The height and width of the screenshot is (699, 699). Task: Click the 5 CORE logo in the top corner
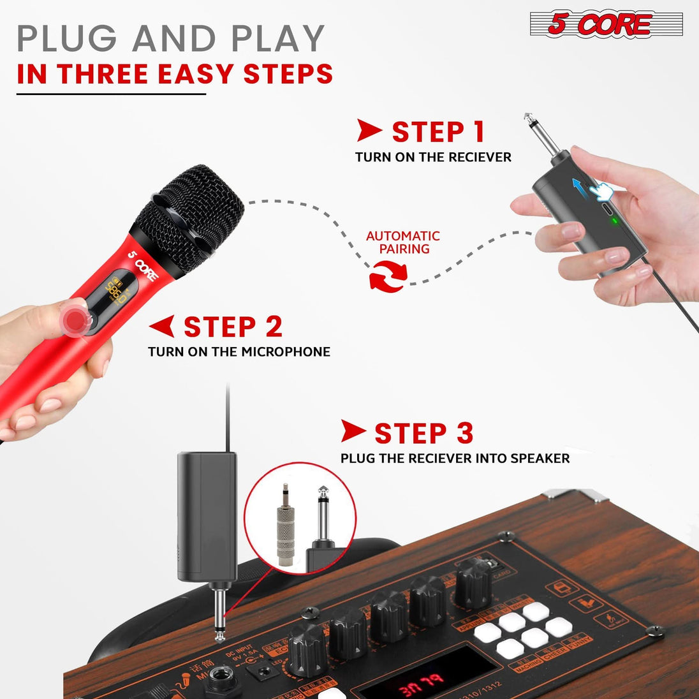tap(606, 24)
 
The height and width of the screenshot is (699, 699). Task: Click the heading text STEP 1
tap(438, 132)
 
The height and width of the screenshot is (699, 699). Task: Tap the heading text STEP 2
tap(233, 327)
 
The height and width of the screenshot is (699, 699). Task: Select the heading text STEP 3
tap(423, 434)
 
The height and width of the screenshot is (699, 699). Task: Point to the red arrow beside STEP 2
tap(162, 326)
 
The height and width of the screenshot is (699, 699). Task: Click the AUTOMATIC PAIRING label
tap(403, 242)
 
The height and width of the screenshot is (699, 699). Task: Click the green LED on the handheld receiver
tap(614, 221)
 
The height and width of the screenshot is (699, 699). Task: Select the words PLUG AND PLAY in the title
tap(171, 40)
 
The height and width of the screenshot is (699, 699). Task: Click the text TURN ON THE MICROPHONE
tap(239, 351)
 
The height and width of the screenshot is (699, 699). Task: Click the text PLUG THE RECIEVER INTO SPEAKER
tap(455, 458)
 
